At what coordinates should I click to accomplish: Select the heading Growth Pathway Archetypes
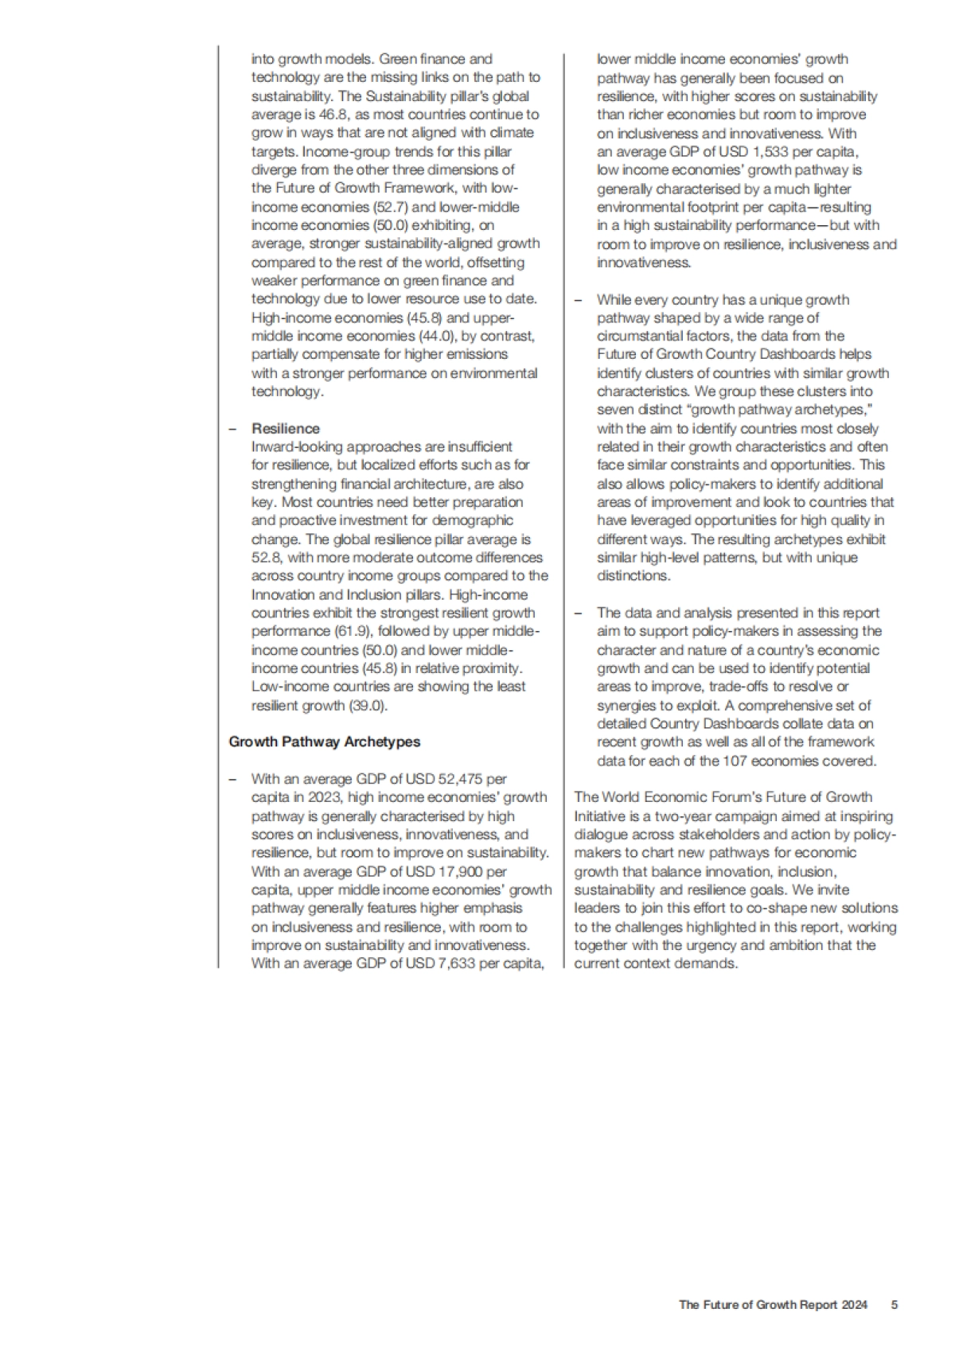tap(324, 742)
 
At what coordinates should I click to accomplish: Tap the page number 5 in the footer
tap(895, 1305)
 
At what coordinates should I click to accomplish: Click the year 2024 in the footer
tap(854, 1305)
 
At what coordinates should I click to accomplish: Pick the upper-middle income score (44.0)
tap(437, 336)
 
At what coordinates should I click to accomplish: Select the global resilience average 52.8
tap(266, 558)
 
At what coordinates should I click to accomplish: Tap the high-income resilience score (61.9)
tap(352, 631)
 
